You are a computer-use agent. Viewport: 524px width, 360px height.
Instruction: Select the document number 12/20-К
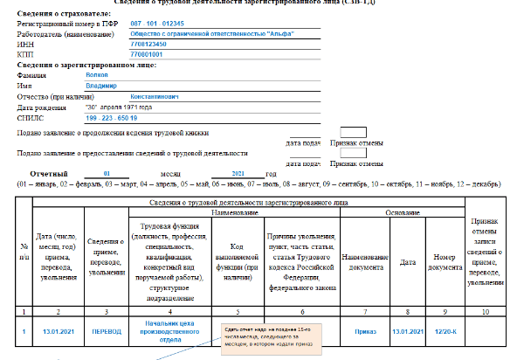click(x=446, y=332)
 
